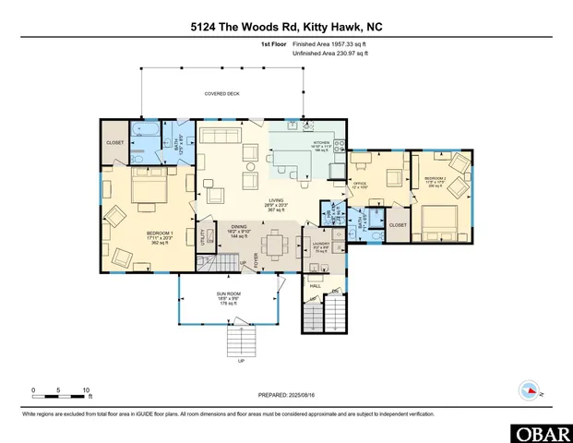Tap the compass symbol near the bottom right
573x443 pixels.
coord(530,390)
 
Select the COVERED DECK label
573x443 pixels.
coord(221,94)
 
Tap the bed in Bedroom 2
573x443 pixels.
coord(441,220)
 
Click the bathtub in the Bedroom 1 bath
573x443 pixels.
coord(145,131)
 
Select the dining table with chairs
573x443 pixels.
coord(273,246)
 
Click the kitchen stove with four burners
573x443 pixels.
coord(339,146)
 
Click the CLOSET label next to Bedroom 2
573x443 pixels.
coord(398,224)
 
